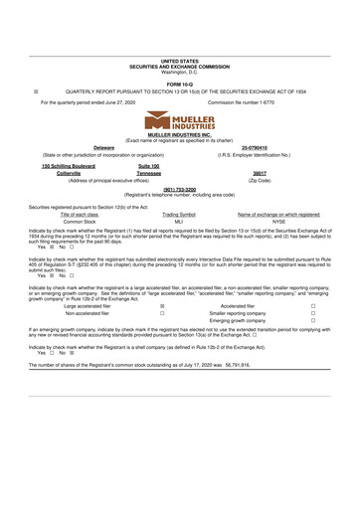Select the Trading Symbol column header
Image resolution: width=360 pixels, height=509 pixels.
click(x=179, y=215)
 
